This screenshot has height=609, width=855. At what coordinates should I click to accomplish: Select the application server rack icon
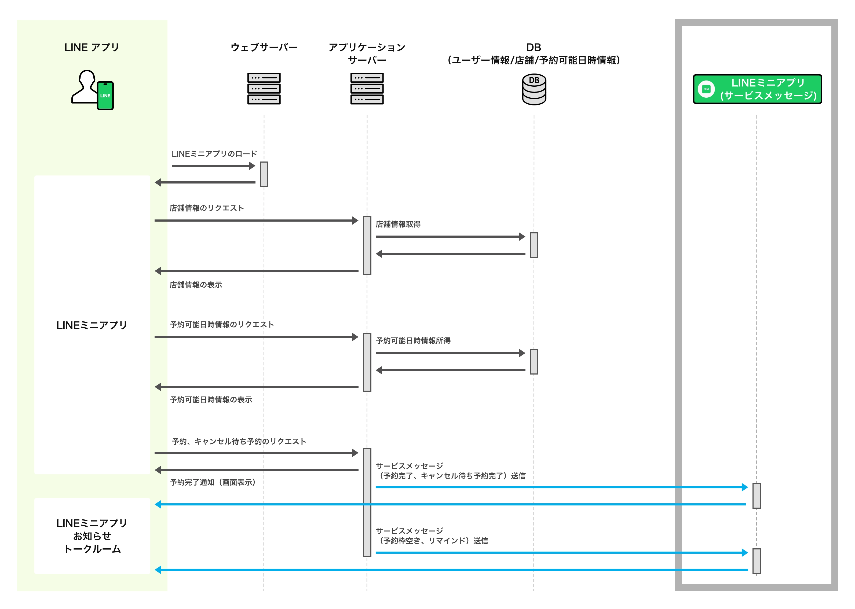tap(367, 89)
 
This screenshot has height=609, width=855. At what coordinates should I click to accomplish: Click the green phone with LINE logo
tap(105, 96)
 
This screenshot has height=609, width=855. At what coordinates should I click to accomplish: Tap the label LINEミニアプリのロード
tap(214, 154)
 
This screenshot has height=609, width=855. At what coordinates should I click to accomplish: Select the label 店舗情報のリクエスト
tap(207, 208)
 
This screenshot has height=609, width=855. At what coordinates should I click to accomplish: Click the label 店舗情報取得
tap(398, 224)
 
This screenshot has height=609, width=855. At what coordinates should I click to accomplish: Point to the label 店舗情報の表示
tap(196, 285)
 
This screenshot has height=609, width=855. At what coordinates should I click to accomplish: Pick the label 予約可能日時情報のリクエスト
tap(222, 325)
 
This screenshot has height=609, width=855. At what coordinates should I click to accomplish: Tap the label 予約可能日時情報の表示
tap(211, 400)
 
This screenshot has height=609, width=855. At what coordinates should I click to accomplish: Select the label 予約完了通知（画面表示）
tap(213, 482)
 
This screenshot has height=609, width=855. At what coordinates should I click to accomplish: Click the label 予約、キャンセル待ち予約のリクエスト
tap(239, 441)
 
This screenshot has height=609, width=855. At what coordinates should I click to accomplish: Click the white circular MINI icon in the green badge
tap(706, 89)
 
